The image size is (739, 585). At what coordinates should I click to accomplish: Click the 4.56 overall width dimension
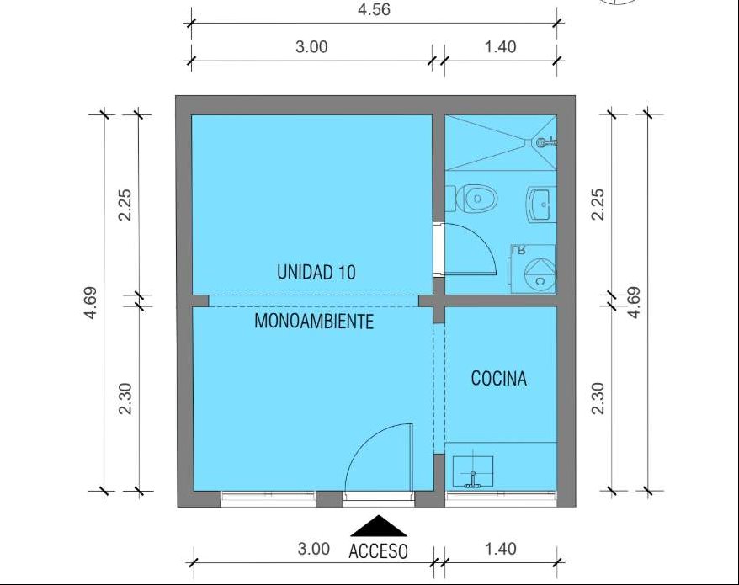374,9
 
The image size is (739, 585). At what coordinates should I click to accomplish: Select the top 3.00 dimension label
311,47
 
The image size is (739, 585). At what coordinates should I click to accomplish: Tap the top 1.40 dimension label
501,47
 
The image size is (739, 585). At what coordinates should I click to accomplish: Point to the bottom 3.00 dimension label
313,549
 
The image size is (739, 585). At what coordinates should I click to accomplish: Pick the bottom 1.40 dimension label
501,549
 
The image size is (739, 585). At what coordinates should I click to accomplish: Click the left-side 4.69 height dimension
90,303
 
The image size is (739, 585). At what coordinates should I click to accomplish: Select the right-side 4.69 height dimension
635,303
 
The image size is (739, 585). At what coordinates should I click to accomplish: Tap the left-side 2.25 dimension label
125,205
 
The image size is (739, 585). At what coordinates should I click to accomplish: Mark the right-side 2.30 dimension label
598,398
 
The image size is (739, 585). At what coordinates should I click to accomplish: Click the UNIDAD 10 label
316,273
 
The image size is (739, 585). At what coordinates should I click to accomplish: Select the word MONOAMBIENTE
314,322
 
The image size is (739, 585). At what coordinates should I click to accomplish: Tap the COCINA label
498,379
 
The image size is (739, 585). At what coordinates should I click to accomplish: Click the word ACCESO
378,551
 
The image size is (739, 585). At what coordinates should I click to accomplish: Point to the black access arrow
378,526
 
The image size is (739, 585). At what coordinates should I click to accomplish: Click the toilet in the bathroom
472,199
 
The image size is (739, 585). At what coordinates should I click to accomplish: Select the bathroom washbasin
542,204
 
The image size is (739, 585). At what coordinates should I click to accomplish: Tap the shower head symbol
547,141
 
